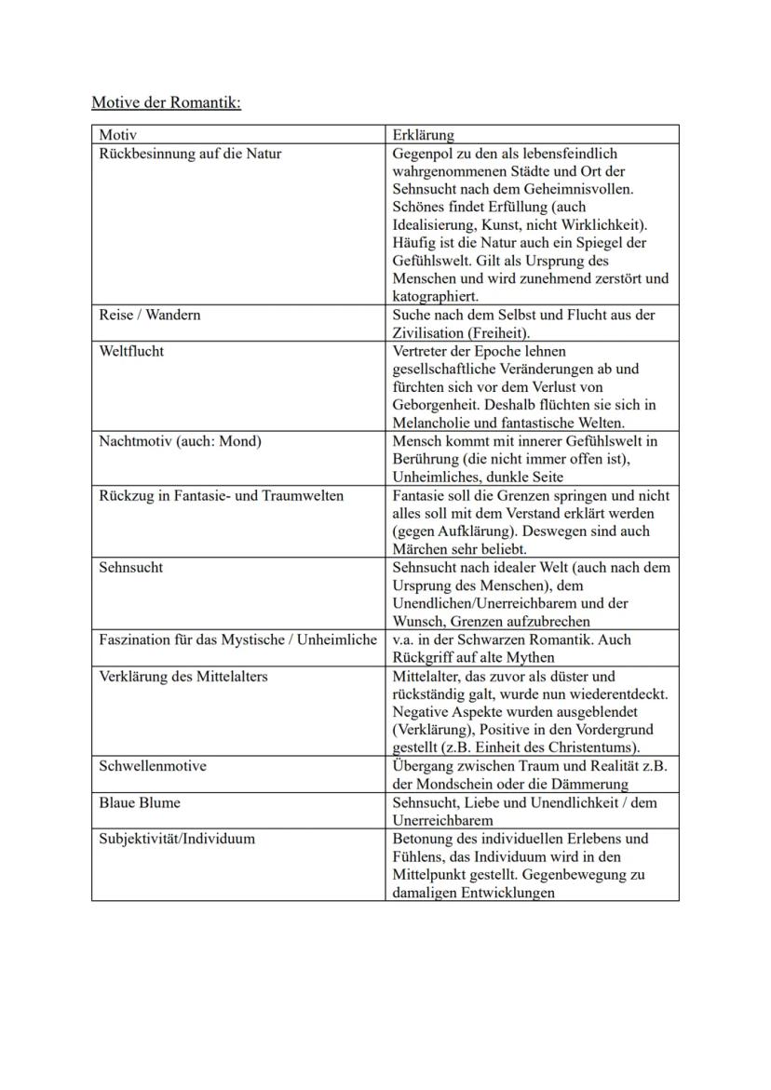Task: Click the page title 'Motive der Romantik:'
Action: [x=166, y=101]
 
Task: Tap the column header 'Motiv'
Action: [x=117, y=135]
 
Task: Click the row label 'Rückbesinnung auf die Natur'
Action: [x=190, y=154]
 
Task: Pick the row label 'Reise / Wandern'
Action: [x=149, y=315]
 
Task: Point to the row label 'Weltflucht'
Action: [x=131, y=352]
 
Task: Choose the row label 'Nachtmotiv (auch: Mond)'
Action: [x=180, y=441]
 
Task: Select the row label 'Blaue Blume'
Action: [x=140, y=802]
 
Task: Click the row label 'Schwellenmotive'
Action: [x=153, y=766]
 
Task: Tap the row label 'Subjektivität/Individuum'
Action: [x=177, y=839]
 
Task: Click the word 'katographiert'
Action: [x=436, y=297]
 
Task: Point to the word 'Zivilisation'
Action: [x=431, y=333]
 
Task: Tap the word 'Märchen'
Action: [x=420, y=549]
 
